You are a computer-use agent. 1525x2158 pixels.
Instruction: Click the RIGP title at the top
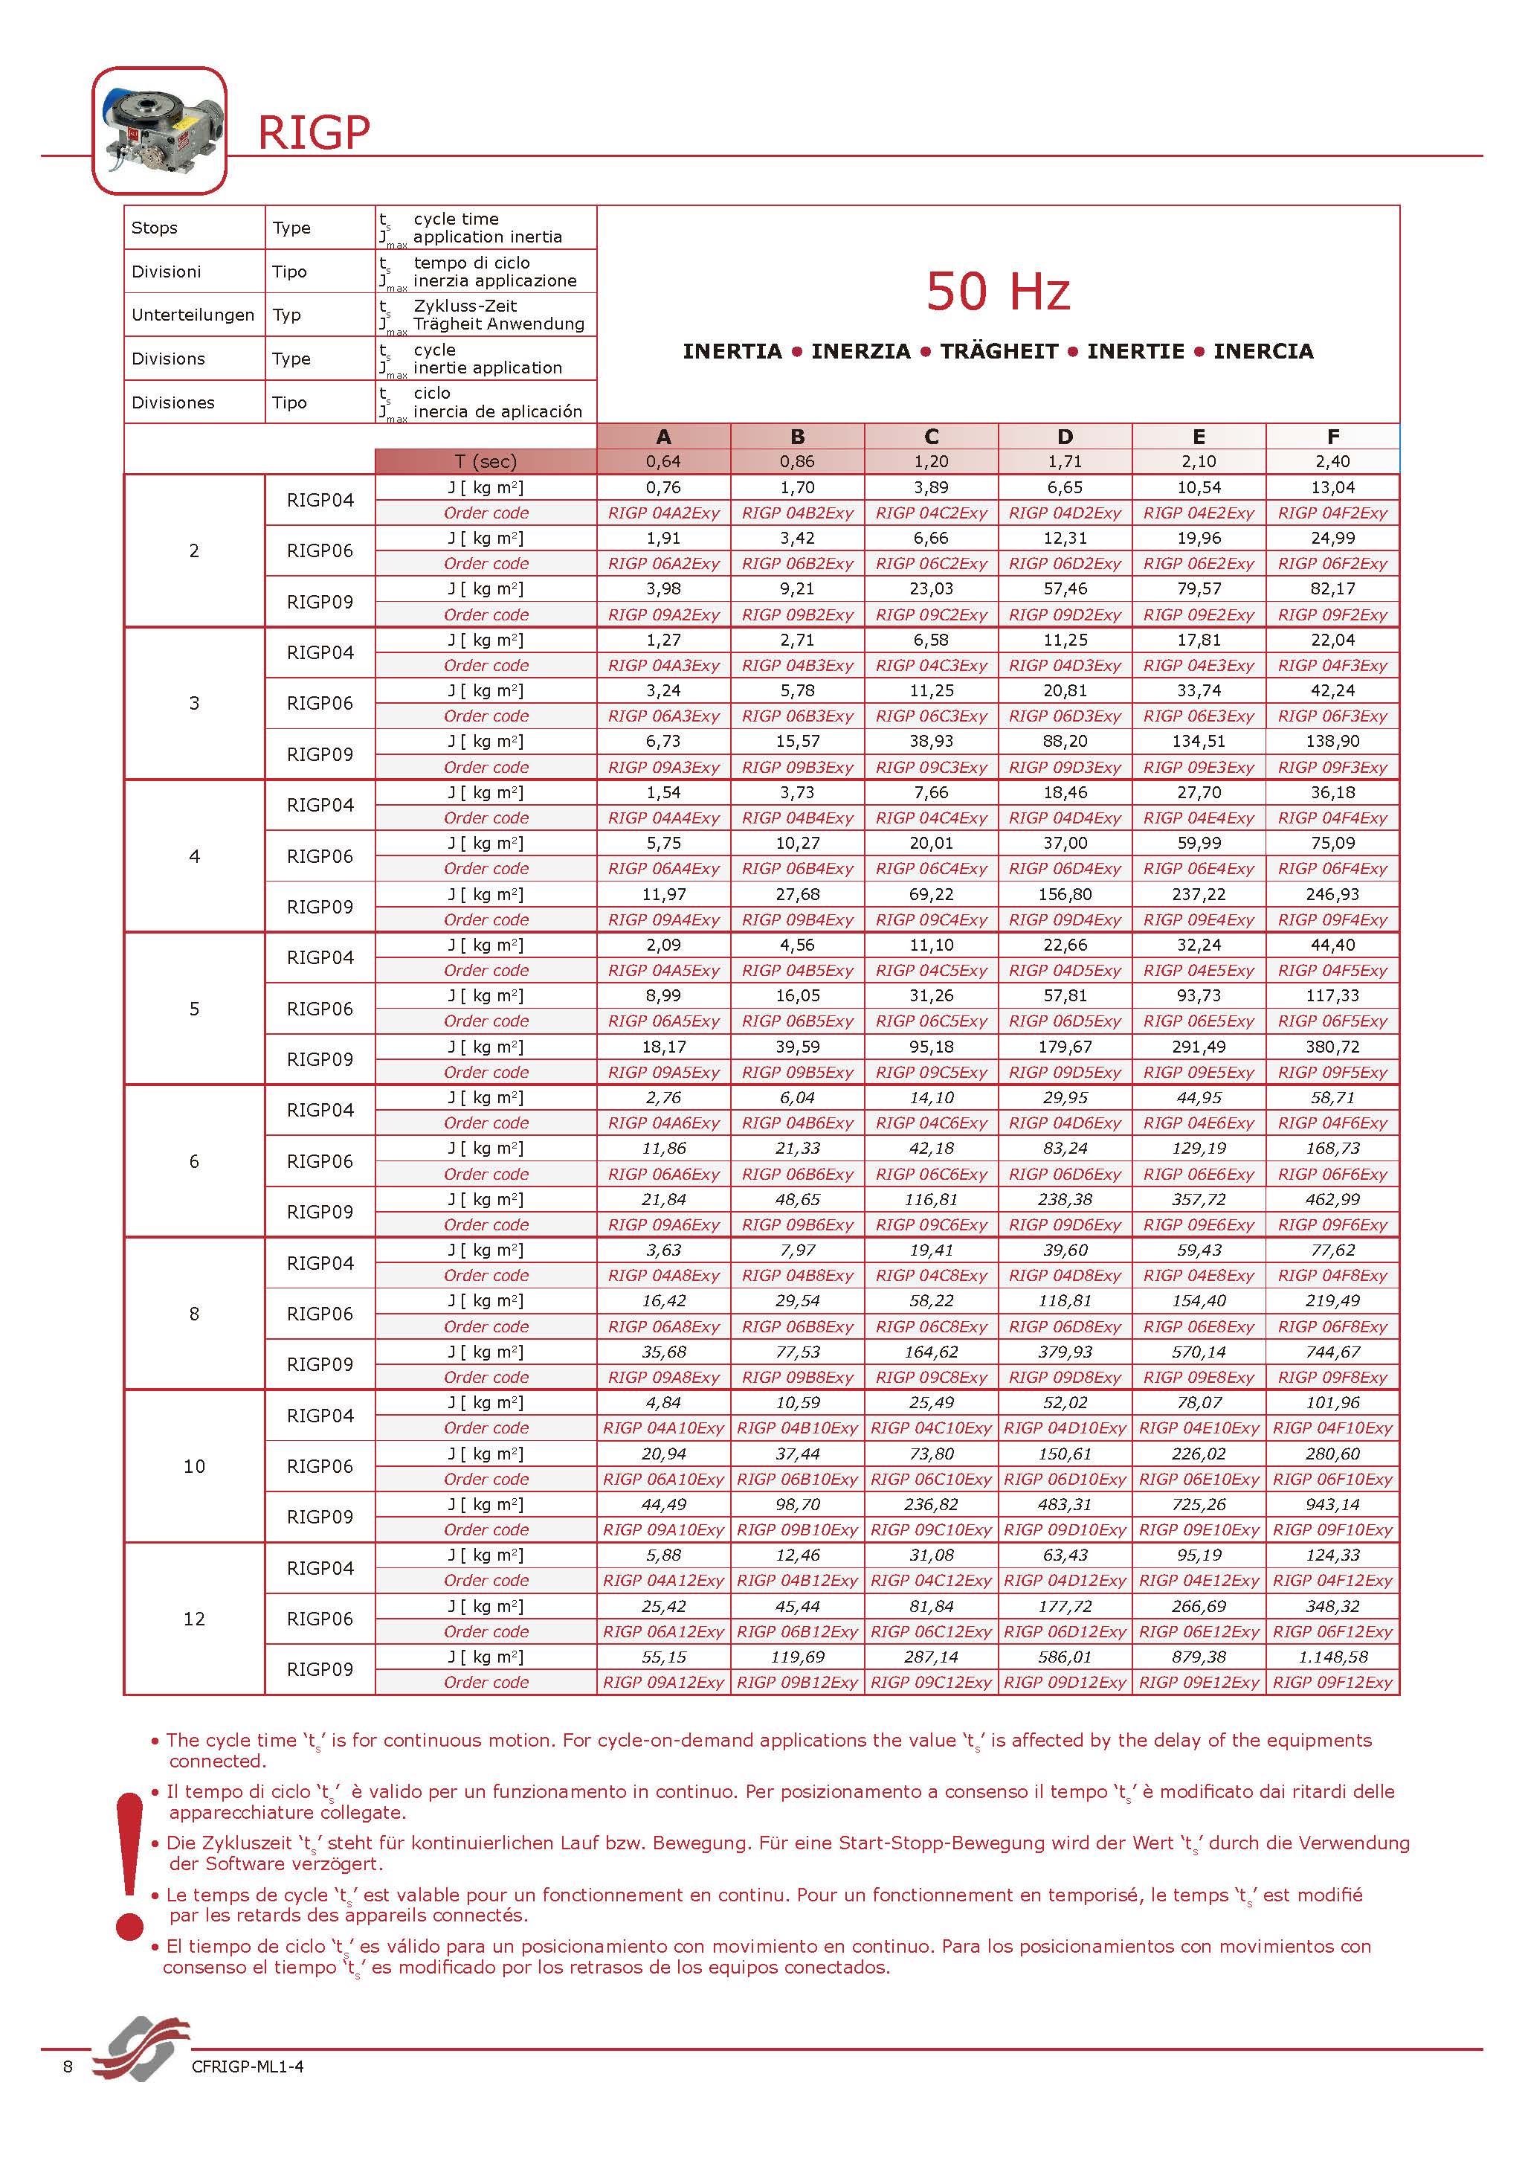pyautogui.click(x=314, y=132)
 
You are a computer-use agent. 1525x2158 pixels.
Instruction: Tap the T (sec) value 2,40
pyautogui.click(x=1332, y=461)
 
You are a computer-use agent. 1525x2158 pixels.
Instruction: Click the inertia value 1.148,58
pyautogui.click(x=1332, y=1657)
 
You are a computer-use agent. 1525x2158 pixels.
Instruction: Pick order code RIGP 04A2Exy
pyautogui.click(x=663, y=513)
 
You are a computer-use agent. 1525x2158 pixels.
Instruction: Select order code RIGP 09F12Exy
pyautogui.click(x=1332, y=1683)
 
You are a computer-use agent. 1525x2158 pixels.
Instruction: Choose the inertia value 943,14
pyautogui.click(x=1332, y=1505)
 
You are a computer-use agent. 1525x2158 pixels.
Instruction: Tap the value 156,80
pyautogui.click(x=1065, y=895)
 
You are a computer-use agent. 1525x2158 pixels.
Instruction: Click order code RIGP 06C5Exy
pyautogui.click(x=931, y=1021)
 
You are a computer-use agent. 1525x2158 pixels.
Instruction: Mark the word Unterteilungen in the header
pyautogui.click(x=193, y=315)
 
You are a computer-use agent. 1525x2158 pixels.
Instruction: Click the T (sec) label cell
pyautogui.click(x=486, y=461)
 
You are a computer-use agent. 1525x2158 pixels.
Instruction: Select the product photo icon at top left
pyautogui.click(x=159, y=131)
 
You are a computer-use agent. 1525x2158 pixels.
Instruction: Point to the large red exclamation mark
pyautogui.click(x=129, y=1865)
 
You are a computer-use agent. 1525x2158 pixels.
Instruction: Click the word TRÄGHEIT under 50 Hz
pyautogui.click(x=999, y=352)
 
